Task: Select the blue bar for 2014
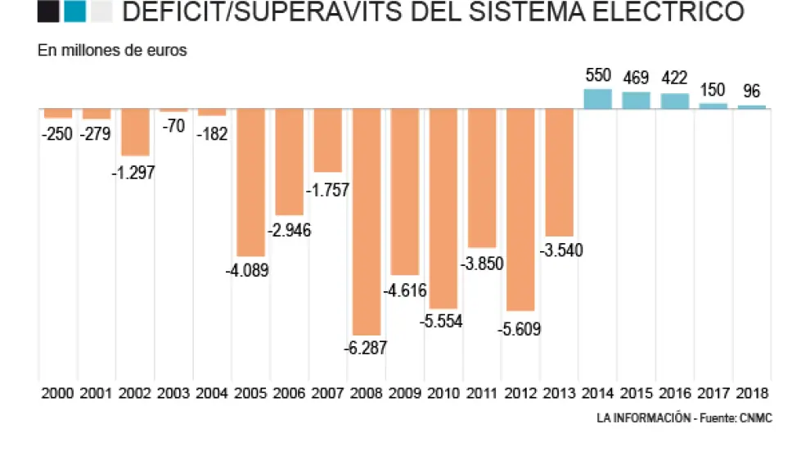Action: [x=598, y=99]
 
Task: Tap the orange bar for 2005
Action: [x=250, y=182]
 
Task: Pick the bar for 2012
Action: [x=520, y=209]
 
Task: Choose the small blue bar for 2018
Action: [x=752, y=106]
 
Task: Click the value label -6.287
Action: [x=366, y=347]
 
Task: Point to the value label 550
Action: [x=598, y=76]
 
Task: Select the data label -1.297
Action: [x=134, y=172]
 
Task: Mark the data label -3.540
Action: [x=560, y=251]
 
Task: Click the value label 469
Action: [x=636, y=79]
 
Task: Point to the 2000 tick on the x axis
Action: [x=57, y=394]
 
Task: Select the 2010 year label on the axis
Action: [x=443, y=394]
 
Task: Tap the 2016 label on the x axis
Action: [x=675, y=394]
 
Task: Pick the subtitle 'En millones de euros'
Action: [x=112, y=51]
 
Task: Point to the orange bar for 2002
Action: [x=134, y=133]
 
